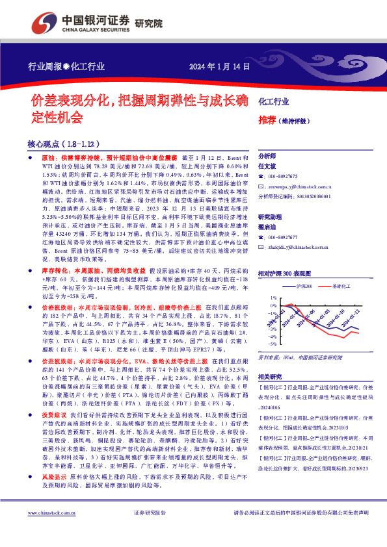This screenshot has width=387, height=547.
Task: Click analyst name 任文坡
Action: point(269,166)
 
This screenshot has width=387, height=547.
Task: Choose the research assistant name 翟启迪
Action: point(269,227)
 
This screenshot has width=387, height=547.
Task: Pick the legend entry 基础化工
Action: point(341,286)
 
